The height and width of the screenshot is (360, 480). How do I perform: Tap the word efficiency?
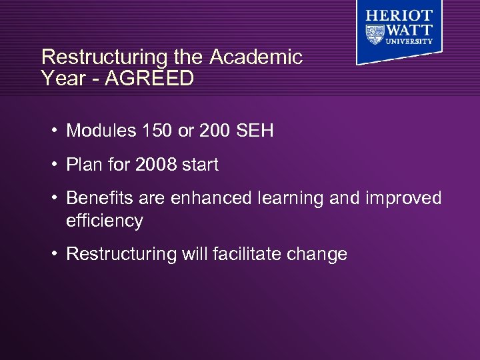click(105, 221)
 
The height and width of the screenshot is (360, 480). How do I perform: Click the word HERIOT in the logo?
click(399, 16)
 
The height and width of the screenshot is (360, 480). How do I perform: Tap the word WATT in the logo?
click(407, 30)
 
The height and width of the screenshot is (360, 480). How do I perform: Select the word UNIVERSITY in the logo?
click(407, 41)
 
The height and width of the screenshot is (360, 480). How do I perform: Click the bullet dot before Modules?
click(54, 131)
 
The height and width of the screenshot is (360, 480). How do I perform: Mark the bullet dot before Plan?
click(54, 165)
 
